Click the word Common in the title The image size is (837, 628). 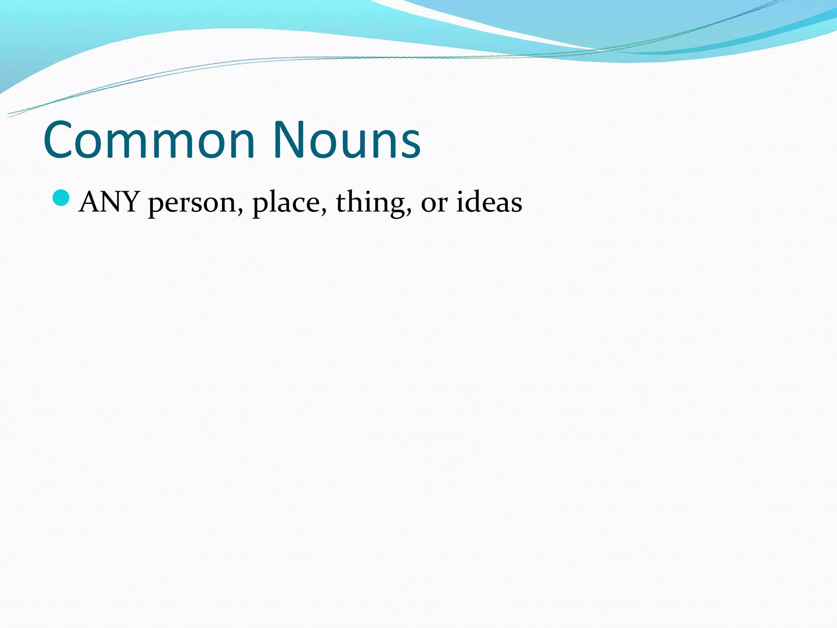149,140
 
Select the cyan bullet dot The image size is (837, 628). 61,198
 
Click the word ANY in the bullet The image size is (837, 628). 110,202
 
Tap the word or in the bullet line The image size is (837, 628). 434,203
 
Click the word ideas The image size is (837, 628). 489,202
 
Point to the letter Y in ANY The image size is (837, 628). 130,202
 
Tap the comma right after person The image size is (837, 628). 240,211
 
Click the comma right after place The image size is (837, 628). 324,211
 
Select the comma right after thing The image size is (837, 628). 409,211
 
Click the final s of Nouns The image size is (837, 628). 410,145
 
